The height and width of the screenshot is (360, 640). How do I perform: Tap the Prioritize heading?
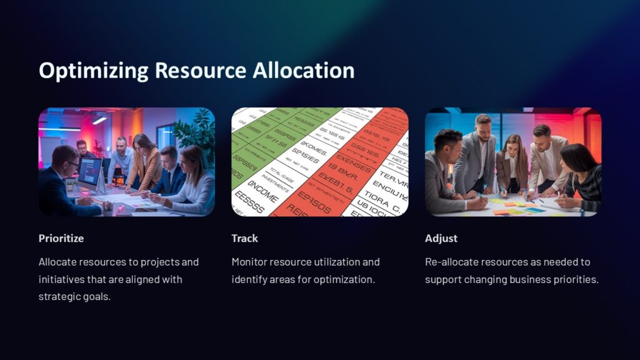click(x=61, y=238)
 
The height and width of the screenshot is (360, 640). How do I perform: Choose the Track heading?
click(x=244, y=238)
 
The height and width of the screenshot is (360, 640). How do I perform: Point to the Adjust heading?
click(x=441, y=238)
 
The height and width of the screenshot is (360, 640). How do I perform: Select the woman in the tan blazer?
click(x=145, y=161)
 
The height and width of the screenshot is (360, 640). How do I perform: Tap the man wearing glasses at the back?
click(x=82, y=149)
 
